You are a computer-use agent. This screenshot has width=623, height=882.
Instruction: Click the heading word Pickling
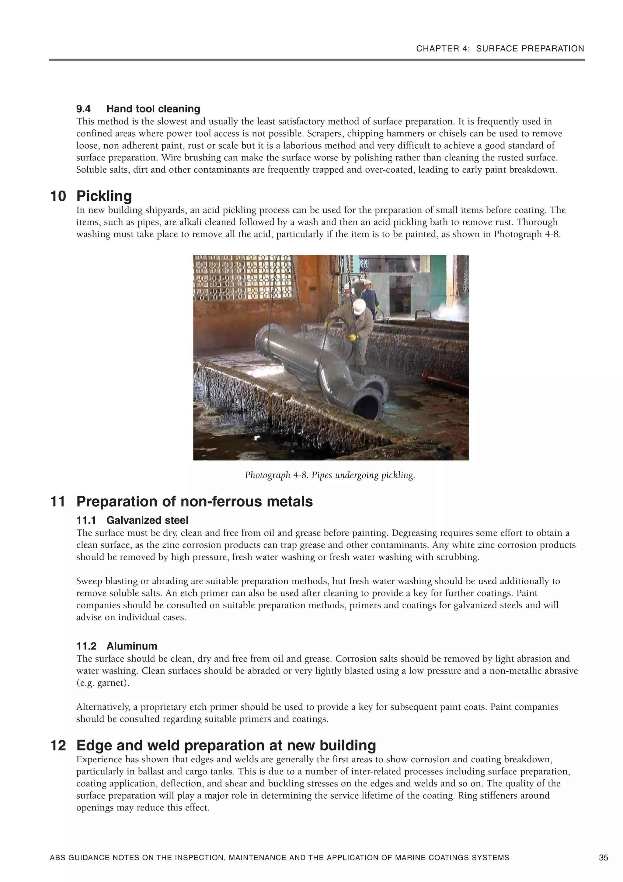click(x=104, y=196)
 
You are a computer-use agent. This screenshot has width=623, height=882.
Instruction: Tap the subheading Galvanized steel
click(x=148, y=521)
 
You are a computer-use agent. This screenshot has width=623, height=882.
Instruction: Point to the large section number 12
click(x=58, y=746)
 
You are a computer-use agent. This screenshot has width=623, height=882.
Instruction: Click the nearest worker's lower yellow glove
click(x=352, y=337)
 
